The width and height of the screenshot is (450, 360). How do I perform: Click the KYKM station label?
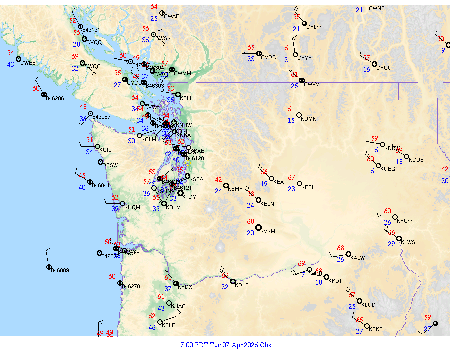[268, 232]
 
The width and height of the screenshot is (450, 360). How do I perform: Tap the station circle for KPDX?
[176, 283]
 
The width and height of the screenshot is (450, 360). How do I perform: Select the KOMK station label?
[309, 119]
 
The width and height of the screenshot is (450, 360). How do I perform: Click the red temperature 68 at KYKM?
[251, 222]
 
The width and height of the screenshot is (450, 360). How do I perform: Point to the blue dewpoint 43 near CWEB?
[11, 65]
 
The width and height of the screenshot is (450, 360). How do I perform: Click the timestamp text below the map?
[224, 345]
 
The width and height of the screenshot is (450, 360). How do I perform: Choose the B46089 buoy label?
[60, 270]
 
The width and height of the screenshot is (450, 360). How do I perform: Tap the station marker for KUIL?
[97, 146]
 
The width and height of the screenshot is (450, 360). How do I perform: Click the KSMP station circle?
[226, 186]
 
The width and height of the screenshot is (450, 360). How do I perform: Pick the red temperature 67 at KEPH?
[292, 178]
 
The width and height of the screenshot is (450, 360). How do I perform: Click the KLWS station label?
[408, 242]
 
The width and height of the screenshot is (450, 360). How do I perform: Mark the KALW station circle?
[348, 254]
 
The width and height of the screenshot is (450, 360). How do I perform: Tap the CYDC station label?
[268, 57]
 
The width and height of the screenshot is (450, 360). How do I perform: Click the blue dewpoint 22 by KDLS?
[225, 287]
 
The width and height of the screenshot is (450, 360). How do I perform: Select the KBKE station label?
[375, 329]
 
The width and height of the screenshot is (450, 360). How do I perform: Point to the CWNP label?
[377, 9]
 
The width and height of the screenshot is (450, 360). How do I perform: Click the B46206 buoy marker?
[44, 95]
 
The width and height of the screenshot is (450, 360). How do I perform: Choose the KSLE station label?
[168, 325]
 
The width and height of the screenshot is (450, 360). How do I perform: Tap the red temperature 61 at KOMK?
[291, 109]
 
